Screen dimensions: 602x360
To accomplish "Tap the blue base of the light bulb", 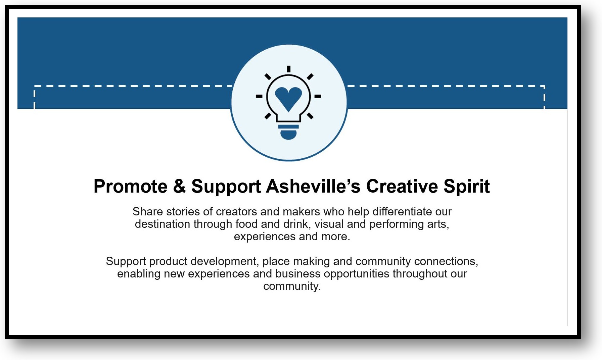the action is click(288, 132).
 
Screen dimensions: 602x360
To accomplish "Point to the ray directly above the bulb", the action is click(288, 69).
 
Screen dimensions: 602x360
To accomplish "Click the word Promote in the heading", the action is click(130, 187).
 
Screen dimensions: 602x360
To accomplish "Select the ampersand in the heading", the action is click(179, 187).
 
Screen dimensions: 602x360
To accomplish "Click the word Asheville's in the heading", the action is click(313, 187).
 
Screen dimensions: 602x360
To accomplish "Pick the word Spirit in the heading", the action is click(467, 187).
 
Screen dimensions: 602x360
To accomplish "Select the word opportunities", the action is click(357, 274).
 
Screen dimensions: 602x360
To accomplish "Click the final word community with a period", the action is click(292, 287).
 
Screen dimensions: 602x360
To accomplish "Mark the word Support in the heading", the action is click(226, 187).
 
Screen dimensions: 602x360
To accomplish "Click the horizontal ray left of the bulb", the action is click(259, 96).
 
